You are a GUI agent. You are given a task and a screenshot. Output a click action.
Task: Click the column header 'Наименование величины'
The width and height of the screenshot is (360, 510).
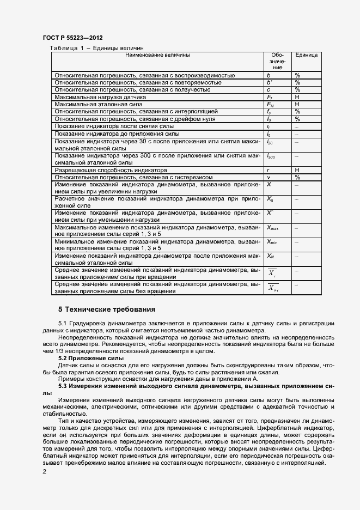pos(157,55)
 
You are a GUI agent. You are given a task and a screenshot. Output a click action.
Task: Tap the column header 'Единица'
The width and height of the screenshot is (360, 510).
pos(307,55)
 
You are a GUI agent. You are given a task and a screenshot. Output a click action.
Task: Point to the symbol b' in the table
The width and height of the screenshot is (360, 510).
pos(269,82)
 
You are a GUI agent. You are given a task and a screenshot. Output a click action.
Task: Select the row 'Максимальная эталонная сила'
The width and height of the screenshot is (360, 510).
pos(97,104)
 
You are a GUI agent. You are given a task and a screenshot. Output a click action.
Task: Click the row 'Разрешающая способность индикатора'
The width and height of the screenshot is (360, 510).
pos(107,170)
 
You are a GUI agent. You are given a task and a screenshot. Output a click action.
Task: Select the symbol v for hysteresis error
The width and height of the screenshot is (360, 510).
pos(269,177)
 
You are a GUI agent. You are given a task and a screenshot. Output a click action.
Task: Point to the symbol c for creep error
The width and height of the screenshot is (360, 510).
pos(269,89)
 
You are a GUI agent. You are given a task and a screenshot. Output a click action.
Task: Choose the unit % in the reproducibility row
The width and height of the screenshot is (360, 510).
pos(297,75)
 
